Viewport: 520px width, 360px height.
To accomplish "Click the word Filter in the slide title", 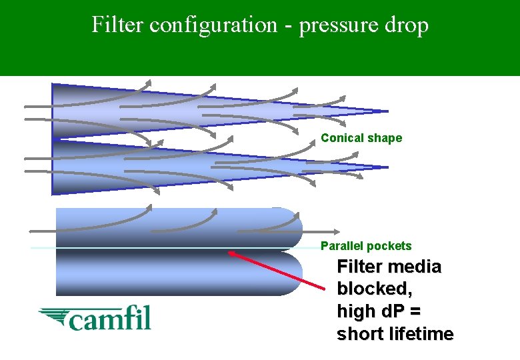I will pos(117,25).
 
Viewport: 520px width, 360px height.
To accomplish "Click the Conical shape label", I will pos(361,138).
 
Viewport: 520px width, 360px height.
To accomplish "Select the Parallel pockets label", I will pos(366,246).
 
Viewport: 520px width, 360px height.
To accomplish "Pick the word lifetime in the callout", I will pos(421,334).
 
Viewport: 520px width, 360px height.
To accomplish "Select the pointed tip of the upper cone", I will pos(386,111).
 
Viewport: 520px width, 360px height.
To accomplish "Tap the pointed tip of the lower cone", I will pos(386,167).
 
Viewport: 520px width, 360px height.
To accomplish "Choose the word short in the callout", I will pos(360,334).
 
